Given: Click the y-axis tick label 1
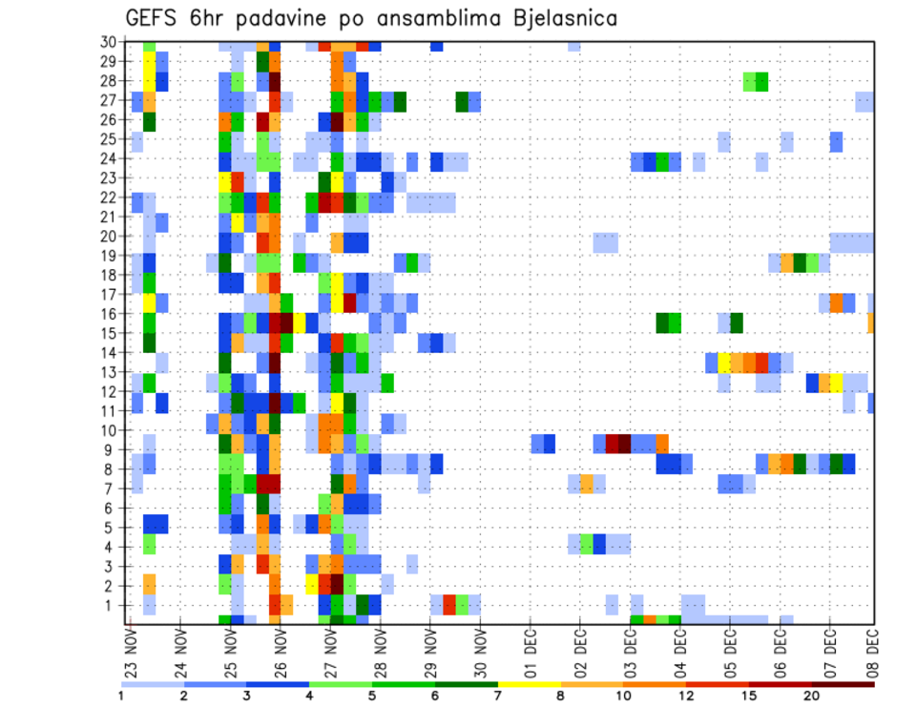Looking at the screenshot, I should (112, 604).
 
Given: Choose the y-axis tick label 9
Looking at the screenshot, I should (112, 449).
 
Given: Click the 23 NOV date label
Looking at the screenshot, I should (131, 653).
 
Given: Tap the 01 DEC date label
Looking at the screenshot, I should (531, 653).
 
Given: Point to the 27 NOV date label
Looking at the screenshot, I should (331, 653).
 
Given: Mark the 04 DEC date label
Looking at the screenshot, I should (680, 653).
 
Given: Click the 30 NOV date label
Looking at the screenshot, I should (481, 653).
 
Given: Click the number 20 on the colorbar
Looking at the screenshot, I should (813, 696).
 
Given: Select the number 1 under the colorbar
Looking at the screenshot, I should (121, 696).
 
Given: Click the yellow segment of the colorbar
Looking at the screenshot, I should (530, 684).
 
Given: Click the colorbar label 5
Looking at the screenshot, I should (372, 696).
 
